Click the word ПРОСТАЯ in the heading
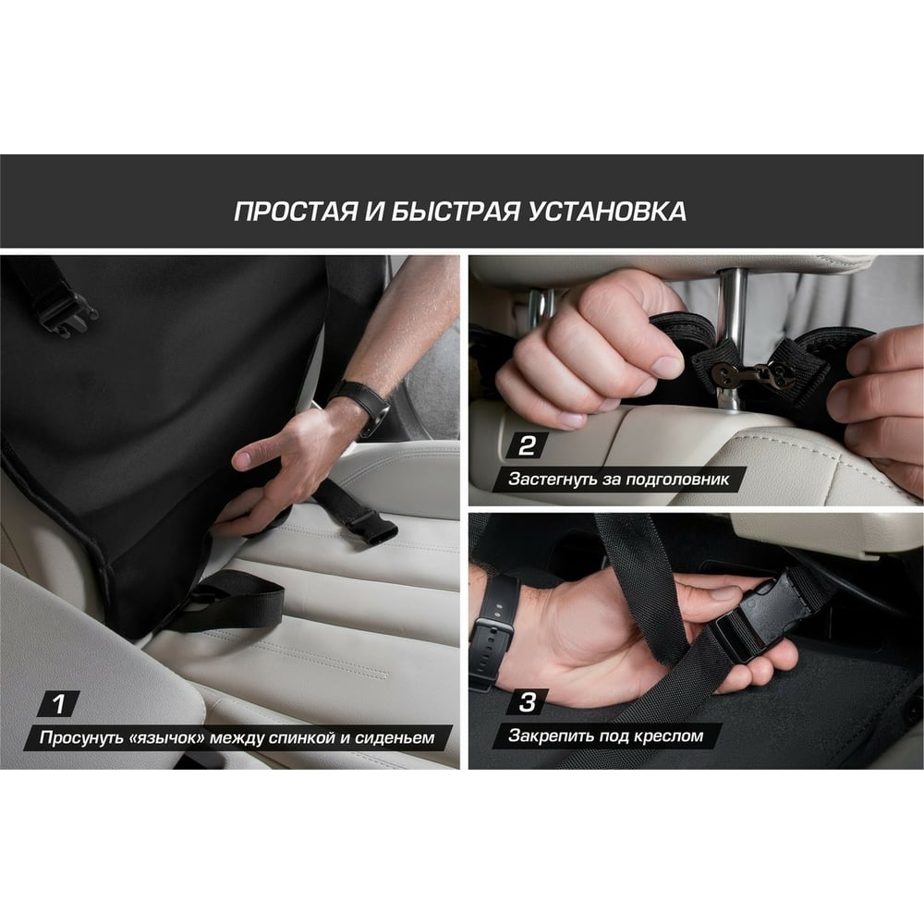pyautogui.click(x=296, y=212)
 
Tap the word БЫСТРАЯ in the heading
pyautogui.click(x=456, y=212)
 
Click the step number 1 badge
pyautogui.click(x=58, y=703)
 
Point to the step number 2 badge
pyautogui.click(x=527, y=445)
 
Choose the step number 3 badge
pyautogui.click(x=527, y=702)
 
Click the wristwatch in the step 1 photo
pyautogui.click(x=359, y=403)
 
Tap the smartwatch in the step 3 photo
pyautogui.click(x=492, y=631)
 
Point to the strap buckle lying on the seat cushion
pyautogui.click(x=370, y=527)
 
